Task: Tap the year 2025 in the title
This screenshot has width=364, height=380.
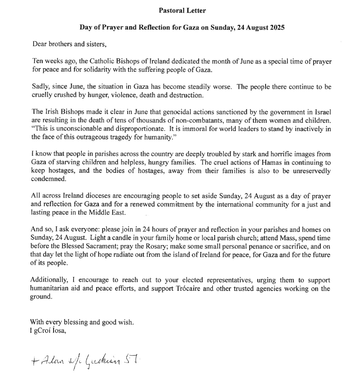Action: tap(276, 27)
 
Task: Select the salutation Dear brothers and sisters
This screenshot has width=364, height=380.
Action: tap(69, 44)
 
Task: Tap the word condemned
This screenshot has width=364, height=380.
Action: tap(49, 179)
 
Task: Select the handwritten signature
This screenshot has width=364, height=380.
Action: tap(91, 359)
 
